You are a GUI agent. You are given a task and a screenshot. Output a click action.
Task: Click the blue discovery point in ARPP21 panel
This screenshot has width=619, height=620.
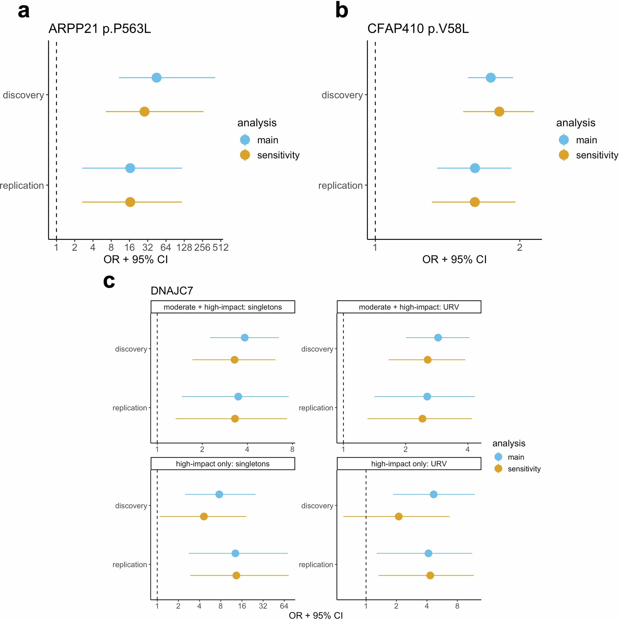pyautogui.click(x=156, y=78)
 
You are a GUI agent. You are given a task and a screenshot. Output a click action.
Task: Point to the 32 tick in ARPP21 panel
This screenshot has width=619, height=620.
pyautogui.click(x=148, y=247)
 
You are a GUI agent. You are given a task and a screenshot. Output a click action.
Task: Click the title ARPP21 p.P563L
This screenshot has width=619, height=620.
pyautogui.click(x=100, y=29)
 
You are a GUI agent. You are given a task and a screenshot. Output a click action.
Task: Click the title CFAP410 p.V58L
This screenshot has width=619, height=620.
pyautogui.click(x=418, y=29)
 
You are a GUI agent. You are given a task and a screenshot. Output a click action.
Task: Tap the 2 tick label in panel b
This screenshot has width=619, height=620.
pyautogui.click(x=519, y=247)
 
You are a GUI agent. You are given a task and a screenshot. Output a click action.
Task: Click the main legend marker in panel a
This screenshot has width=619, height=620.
pyautogui.click(x=245, y=140)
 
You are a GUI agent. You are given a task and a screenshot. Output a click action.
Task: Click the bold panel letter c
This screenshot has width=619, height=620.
pyautogui.click(x=109, y=281)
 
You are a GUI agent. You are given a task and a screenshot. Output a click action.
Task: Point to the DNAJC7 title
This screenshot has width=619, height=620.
pyautogui.click(x=172, y=291)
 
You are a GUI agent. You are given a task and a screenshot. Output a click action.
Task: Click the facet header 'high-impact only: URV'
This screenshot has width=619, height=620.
pyautogui.click(x=409, y=464)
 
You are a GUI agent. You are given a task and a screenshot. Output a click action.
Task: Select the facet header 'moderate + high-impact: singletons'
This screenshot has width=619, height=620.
pyautogui.click(x=222, y=307)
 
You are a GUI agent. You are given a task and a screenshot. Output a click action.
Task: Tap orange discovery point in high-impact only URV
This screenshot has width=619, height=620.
pyautogui.click(x=398, y=516)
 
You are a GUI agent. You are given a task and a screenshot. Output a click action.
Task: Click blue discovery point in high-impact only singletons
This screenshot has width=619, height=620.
pyautogui.click(x=219, y=494)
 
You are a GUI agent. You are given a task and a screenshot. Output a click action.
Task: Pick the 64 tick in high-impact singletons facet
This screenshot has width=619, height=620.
pyautogui.click(x=284, y=606)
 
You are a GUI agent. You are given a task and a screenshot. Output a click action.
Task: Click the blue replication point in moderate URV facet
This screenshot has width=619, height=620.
pyautogui.click(x=427, y=397)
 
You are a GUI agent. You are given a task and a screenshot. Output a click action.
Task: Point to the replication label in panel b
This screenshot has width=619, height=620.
pyautogui.click(x=340, y=185)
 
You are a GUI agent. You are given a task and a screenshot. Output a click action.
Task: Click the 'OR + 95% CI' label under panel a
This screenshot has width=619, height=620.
pyautogui.click(x=136, y=259)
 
